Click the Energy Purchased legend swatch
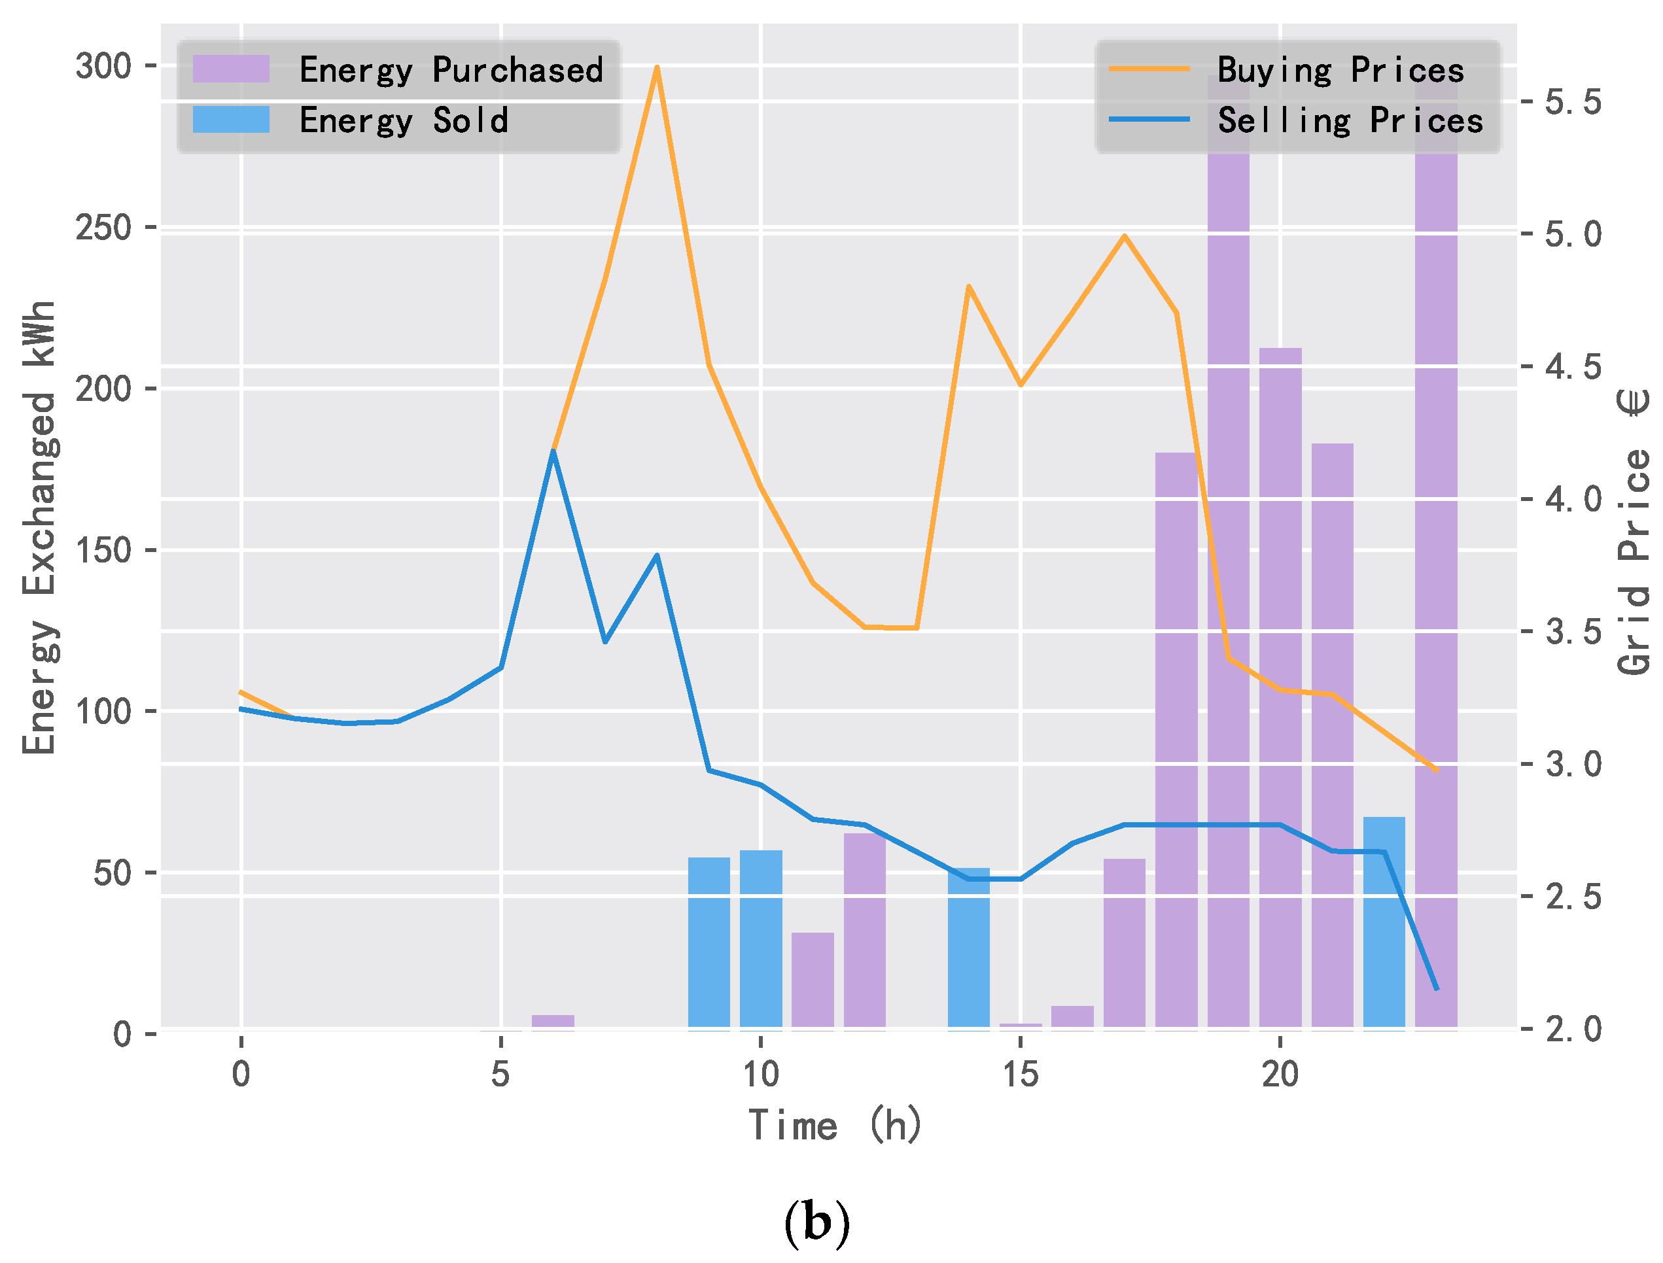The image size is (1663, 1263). (x=231, y=69)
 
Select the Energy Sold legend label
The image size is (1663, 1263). (x=404, y=120)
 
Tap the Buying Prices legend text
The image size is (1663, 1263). (x=1340, y=70)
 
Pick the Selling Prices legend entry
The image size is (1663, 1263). (x=1350, y=120)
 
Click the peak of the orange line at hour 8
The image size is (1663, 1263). (x=657, y=67)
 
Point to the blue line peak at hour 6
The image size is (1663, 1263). (x=553, y=451)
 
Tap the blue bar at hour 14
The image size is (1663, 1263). (x=968, y=947)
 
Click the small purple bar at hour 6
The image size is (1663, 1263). (x=553, y=1021)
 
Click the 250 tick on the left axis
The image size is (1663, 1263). (x=104, y=227)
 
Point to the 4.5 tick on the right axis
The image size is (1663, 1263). (x=1573, y=367)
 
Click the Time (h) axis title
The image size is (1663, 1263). (x=835, y=1126)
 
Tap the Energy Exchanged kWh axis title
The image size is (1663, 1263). (x=39, y=528)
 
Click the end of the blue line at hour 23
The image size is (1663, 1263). (x=1436, y=988)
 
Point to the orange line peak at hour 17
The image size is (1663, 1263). (x=1124, y=236)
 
